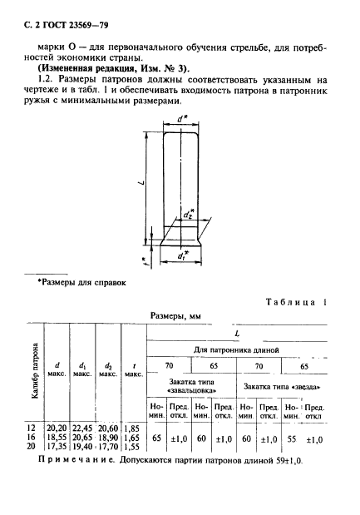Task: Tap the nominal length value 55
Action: pos(291,436)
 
